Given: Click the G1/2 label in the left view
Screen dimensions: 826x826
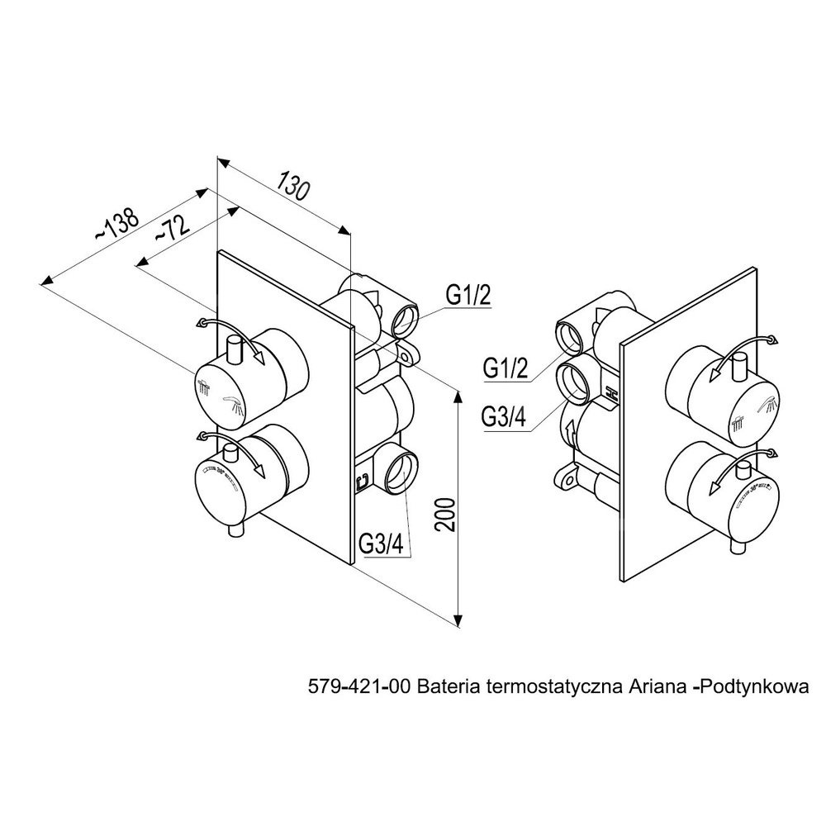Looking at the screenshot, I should tap(468, 295).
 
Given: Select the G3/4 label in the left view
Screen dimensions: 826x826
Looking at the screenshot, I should tap(381, 545).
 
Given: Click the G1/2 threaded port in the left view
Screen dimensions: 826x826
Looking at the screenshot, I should tap(406, 317).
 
